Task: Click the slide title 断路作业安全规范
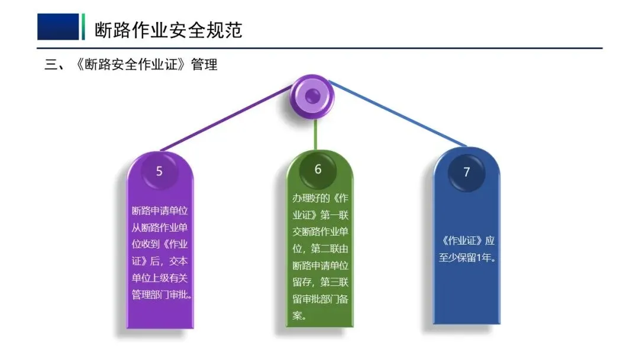169,30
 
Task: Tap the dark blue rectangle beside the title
58,27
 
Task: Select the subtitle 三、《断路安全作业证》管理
131,65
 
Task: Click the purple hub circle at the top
312,96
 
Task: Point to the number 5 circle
159,172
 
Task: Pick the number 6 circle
318,170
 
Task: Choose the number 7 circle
466,172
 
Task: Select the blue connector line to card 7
396,114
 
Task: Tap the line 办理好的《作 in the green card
320,198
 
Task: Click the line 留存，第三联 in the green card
320,282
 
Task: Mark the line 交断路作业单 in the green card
320,232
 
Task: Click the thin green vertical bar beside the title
83,27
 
